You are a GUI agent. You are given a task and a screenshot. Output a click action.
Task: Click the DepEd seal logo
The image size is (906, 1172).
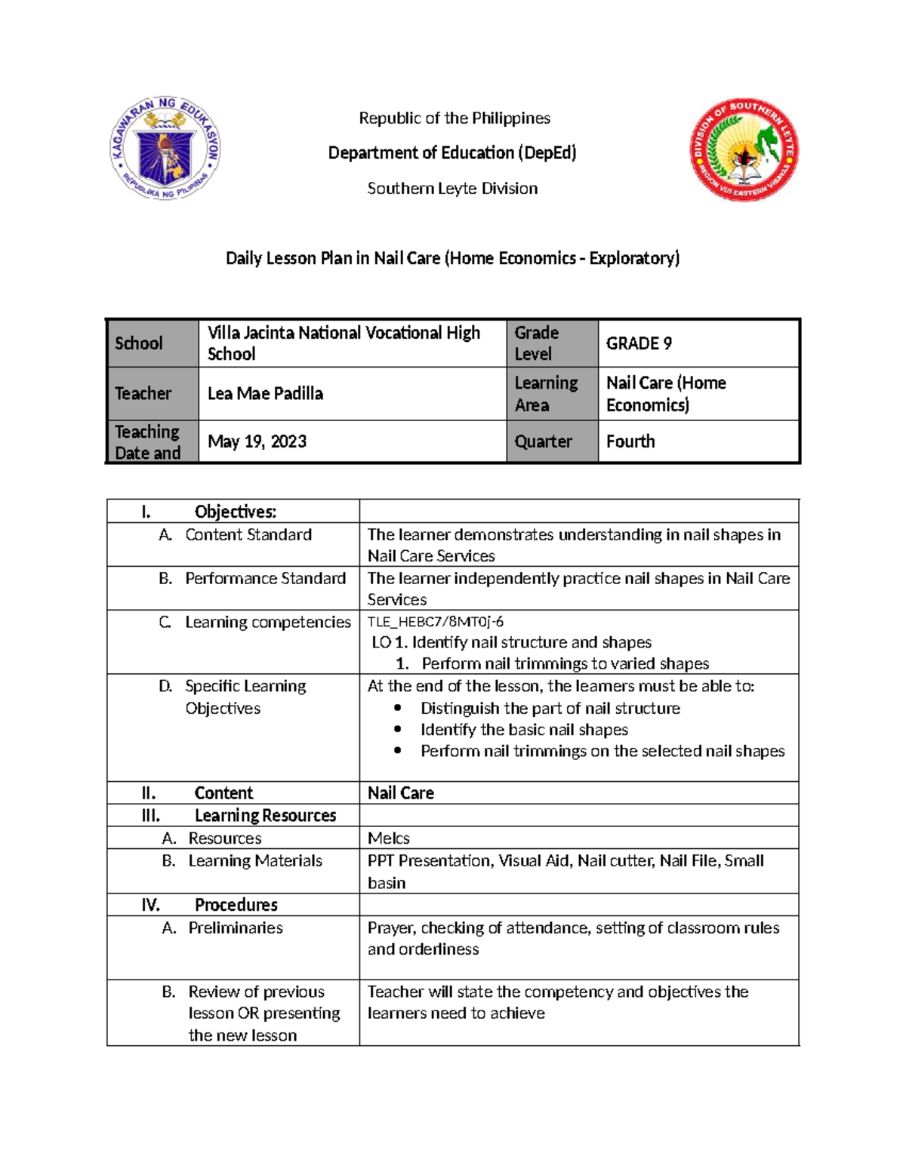pos(165,149)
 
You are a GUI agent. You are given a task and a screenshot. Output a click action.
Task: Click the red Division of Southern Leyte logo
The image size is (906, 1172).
pos(743,149)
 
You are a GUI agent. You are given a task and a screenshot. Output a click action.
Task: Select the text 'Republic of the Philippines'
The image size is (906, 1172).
pos(454,118)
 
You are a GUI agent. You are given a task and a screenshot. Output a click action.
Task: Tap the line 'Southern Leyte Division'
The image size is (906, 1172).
pos(452,188)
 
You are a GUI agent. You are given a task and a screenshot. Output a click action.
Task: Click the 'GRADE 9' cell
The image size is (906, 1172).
pos(639,343)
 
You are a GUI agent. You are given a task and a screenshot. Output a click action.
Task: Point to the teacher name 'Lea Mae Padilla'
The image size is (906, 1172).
pos(265,393)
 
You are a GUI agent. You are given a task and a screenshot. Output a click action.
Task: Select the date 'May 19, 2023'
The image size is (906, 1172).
pos(257,441)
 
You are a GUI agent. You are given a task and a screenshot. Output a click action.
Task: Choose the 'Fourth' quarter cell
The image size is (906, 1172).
pos(630,441)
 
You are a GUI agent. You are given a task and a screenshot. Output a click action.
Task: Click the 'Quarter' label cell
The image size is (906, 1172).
pos(543,441)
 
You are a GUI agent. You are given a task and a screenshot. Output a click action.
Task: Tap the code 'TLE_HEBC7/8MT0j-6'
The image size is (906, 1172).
pos(435,622)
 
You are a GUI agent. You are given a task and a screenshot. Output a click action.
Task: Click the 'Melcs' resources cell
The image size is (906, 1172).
pos(389,838)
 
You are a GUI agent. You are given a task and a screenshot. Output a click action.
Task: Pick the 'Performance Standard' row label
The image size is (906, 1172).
pos(265,578)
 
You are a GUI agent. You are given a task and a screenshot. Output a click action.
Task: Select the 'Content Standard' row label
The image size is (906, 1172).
pos(248,534)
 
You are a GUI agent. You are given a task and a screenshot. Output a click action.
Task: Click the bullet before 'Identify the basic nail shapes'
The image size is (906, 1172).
pos(398,730)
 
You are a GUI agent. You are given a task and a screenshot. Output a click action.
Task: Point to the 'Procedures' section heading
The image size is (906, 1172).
pos(236,904)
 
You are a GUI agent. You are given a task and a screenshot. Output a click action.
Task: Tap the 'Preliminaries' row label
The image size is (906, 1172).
pos(236,927)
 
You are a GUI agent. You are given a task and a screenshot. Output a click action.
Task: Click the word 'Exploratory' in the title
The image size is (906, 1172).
pos(633,258)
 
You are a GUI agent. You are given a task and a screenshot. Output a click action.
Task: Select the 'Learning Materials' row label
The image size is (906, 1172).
pos(255,860)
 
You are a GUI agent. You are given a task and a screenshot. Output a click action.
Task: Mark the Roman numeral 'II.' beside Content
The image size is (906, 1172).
pos(149,792)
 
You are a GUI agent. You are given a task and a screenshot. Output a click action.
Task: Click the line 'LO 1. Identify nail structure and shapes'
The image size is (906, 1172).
pos(511,642)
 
